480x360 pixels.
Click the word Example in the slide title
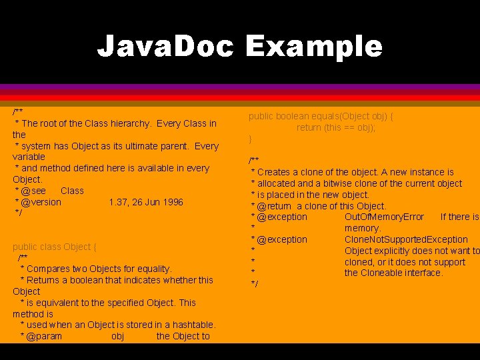[x=314, y=47]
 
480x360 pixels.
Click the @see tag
[x=33, y=191]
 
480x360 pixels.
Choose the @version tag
[x=41, y=202]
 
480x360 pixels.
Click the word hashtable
[x=192, y=325]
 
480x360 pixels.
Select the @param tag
[x=43, y=336]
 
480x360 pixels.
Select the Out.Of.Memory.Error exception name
[x=384, y=217]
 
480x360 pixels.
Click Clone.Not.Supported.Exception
[x=406, y=239]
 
